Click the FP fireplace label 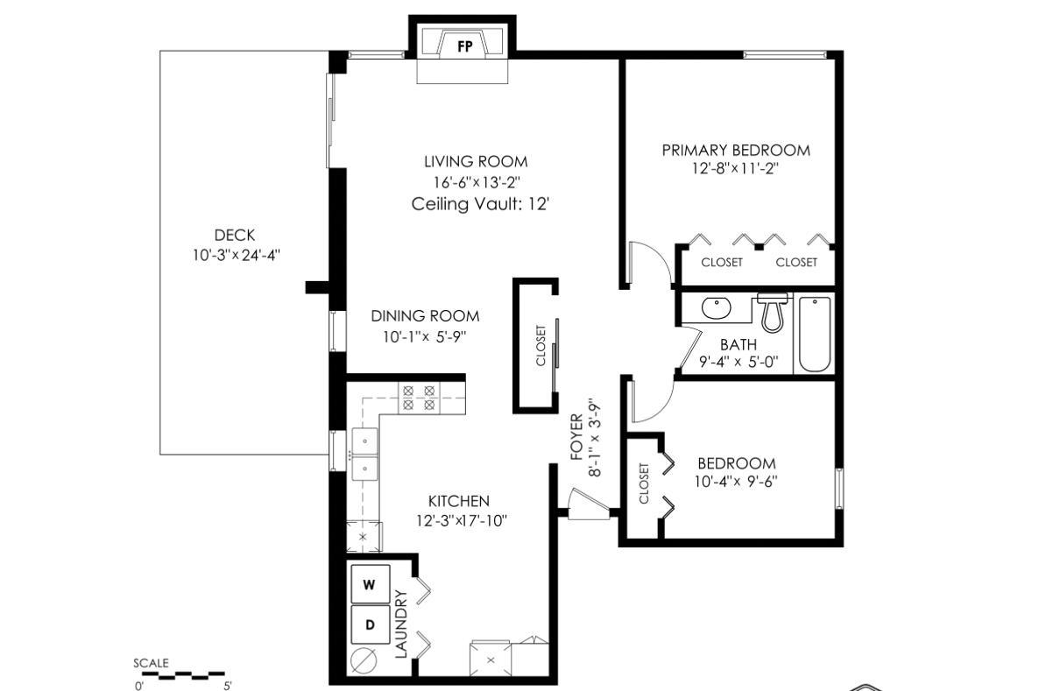tap(464, 47)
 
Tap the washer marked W tap(370, 584)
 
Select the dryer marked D tap(370, 625)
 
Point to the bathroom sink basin tap(717, 308)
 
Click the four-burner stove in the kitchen tap(418, 398)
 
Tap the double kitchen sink tap(364, 455)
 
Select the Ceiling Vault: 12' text tap(480, 204)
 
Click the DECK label tap(235, 235)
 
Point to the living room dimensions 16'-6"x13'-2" tap(476, 183)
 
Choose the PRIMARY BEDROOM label tap(735, 150)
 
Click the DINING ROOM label tap(425, 316)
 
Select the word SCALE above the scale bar tap(151, 663)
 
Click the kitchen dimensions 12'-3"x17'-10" tap(462, 520)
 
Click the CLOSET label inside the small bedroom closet tap(644, 483)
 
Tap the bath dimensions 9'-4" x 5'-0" tap(738, 362)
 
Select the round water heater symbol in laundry tap(364, 659)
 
